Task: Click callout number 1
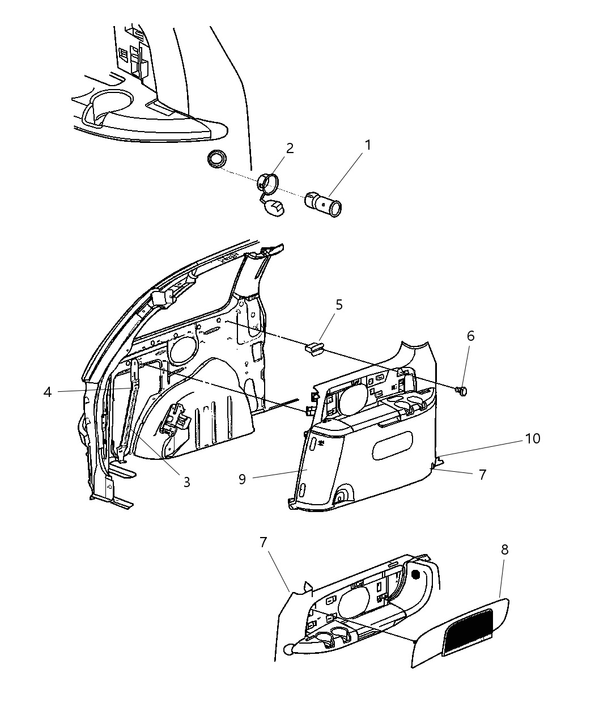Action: click(x=368, y=145)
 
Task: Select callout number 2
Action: click(x=290, y=149)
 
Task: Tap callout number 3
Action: click(x=186, y=482)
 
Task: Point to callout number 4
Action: click(x=48, y=392)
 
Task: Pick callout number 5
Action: click(x=339, y=305)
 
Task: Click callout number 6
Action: click(x=470, y=336)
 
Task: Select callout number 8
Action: click(x=504, y=549)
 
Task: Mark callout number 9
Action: click(x=242, y=480)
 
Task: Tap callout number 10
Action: click(x=533, y=438)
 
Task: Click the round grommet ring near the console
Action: click(x=216, y=159)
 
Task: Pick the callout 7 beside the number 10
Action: click(x=482, y=474)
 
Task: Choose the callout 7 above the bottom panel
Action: click(x=262, y=542)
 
